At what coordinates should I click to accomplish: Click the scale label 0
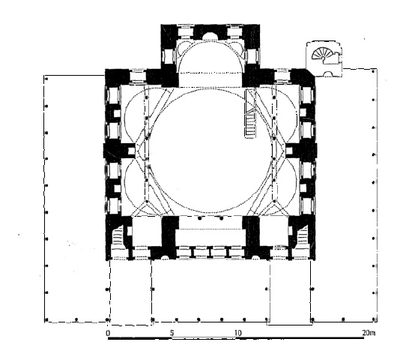tap(108, 333)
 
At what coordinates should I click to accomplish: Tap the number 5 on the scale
tap(172, 333)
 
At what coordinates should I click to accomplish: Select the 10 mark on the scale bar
tap(237, 333)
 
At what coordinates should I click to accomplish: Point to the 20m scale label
tap(369, 333)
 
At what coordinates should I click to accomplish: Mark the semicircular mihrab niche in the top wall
tap(210, 36)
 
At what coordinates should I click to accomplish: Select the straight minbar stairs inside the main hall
tap(250, 126)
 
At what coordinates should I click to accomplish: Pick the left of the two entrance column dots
tap(200, 218)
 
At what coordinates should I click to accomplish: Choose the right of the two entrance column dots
tap(222, 218)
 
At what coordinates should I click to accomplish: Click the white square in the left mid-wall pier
tap(131, 151)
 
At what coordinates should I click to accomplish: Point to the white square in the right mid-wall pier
tap(289, 151)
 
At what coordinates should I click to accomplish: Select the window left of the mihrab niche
tap(185, 32)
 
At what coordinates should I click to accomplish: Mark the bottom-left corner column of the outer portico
tap(46, 319)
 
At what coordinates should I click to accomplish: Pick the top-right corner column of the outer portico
tap(373, 71)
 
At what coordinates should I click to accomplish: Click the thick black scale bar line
tap(236, 338)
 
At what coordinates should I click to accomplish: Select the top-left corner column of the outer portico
tap(46, 79)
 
